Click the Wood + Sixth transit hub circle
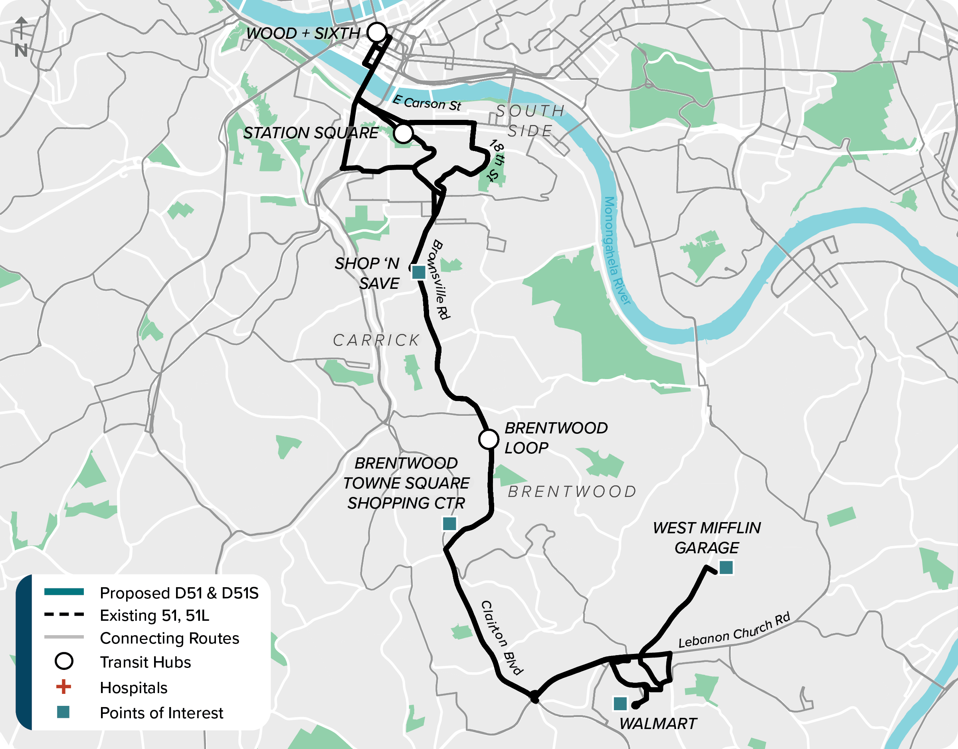pyautogui.click(x=377, y=32)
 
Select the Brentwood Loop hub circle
pyautogui.click(x=488, y=439)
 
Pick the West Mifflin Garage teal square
pyautogui.click(x=726, y=567)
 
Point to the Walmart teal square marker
pyautogui.click(x=620, y=704)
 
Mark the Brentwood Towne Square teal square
pyautogui.click(x=449, y=523)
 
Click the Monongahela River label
pyautogui.click(x=617, y=250)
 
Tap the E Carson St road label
pyautogui.click(x=426, y=103)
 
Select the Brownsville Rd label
pyautogui.click(x=441, y=279)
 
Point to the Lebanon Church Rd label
pyautogui.click(x=734, y=630)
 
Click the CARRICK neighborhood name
pyautogui.click(x=376, y=340)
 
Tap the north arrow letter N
pyautogui.click(x=21, y=50)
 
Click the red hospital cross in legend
pyautogui.click(x=63, y=687)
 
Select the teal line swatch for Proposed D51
pyautogui.click(x=64, y=592)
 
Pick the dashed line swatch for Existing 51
pyautogui.click(x=64, y=615)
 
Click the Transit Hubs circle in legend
pyautogui.click(x=64, y=661)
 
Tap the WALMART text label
pyautogui.click(x=658, y=723)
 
